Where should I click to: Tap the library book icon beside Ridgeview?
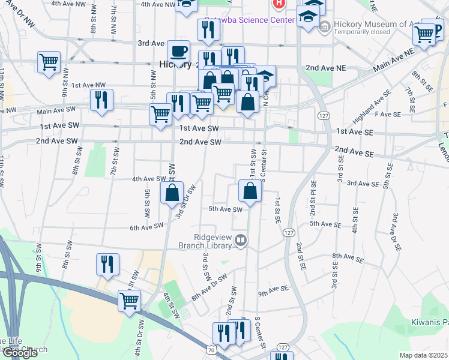[241, 241]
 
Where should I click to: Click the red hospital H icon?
[279, 4]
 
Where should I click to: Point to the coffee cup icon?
[178, 52]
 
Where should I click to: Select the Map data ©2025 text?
[423, 355]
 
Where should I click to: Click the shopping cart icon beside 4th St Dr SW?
[130, 301]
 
